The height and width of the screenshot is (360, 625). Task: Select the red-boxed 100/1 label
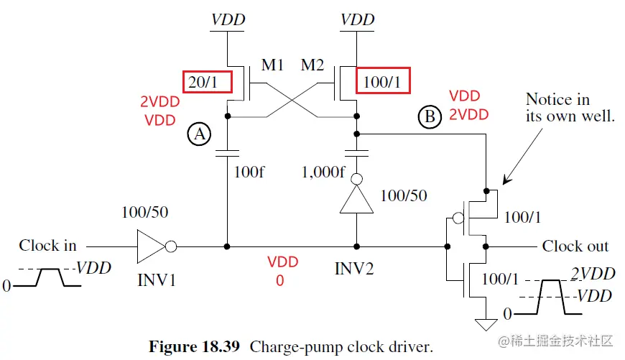tap(383, 83)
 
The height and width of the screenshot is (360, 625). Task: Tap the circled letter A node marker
tap(199, 133)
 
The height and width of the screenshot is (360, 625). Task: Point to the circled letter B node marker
tap(429, 117)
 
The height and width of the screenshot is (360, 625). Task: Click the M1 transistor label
tap(273, 66)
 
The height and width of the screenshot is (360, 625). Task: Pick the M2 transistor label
tap(313, 66)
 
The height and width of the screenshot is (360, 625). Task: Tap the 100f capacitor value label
tap(251, 172)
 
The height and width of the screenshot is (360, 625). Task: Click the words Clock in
tap(47, 246)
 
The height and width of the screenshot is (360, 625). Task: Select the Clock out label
tap(575, 246)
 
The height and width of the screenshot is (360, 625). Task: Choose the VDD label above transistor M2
tap(357, 19)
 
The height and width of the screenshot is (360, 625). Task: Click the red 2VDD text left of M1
tap(159, 102)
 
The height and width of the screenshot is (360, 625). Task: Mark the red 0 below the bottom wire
tap(280, 280)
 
